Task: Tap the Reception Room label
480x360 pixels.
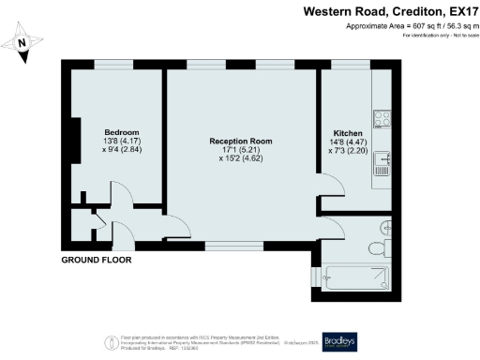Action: coord(241,142)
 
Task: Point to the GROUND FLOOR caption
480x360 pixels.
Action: coord(97,259)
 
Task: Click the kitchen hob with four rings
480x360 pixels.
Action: coord(382,119)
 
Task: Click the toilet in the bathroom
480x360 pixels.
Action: coord(384,228)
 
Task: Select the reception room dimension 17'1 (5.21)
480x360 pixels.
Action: coord(241,150)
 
